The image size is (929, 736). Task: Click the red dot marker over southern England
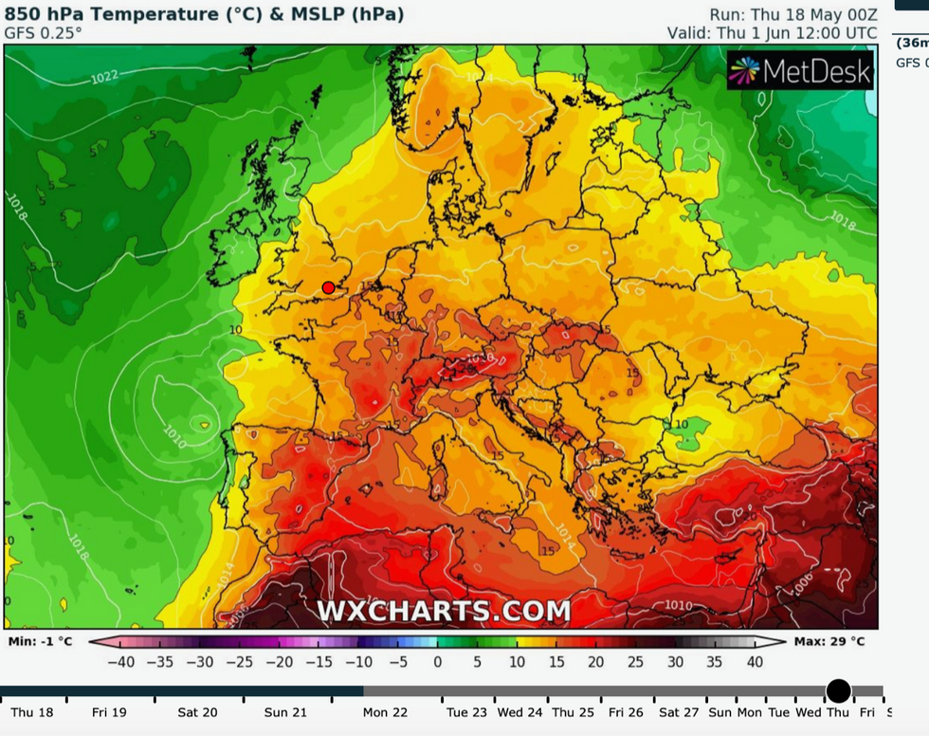click(x=328, y=287)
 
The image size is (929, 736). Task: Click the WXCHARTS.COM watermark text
click(x=443, y=611)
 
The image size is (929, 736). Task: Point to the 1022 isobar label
click(x=104, y=78)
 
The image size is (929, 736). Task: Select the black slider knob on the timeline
click(x=838, y=690)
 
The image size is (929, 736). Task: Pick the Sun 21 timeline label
click(x=284, y=712)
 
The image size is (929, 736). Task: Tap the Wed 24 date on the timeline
click(x=520, y=712)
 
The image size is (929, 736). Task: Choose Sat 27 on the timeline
click(x=683, y=712)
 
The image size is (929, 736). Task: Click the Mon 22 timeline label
click(x=386, y=712)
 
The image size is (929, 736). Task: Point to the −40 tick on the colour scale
click(x=119, y=661)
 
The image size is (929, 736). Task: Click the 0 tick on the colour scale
click(x=437, y=661)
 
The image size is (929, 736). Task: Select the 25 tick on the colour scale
click(x=635, y=661)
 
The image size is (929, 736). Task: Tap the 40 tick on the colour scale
click(x=755, y=661)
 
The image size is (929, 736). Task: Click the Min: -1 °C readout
click(x=39, y=642)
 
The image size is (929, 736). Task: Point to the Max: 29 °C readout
click(x=829, y=642)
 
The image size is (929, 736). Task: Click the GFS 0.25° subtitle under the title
click(x=43, y=33)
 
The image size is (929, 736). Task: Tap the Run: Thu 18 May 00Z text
click(x=793, y=14)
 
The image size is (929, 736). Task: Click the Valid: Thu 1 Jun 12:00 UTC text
click(x=773, y=32)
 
